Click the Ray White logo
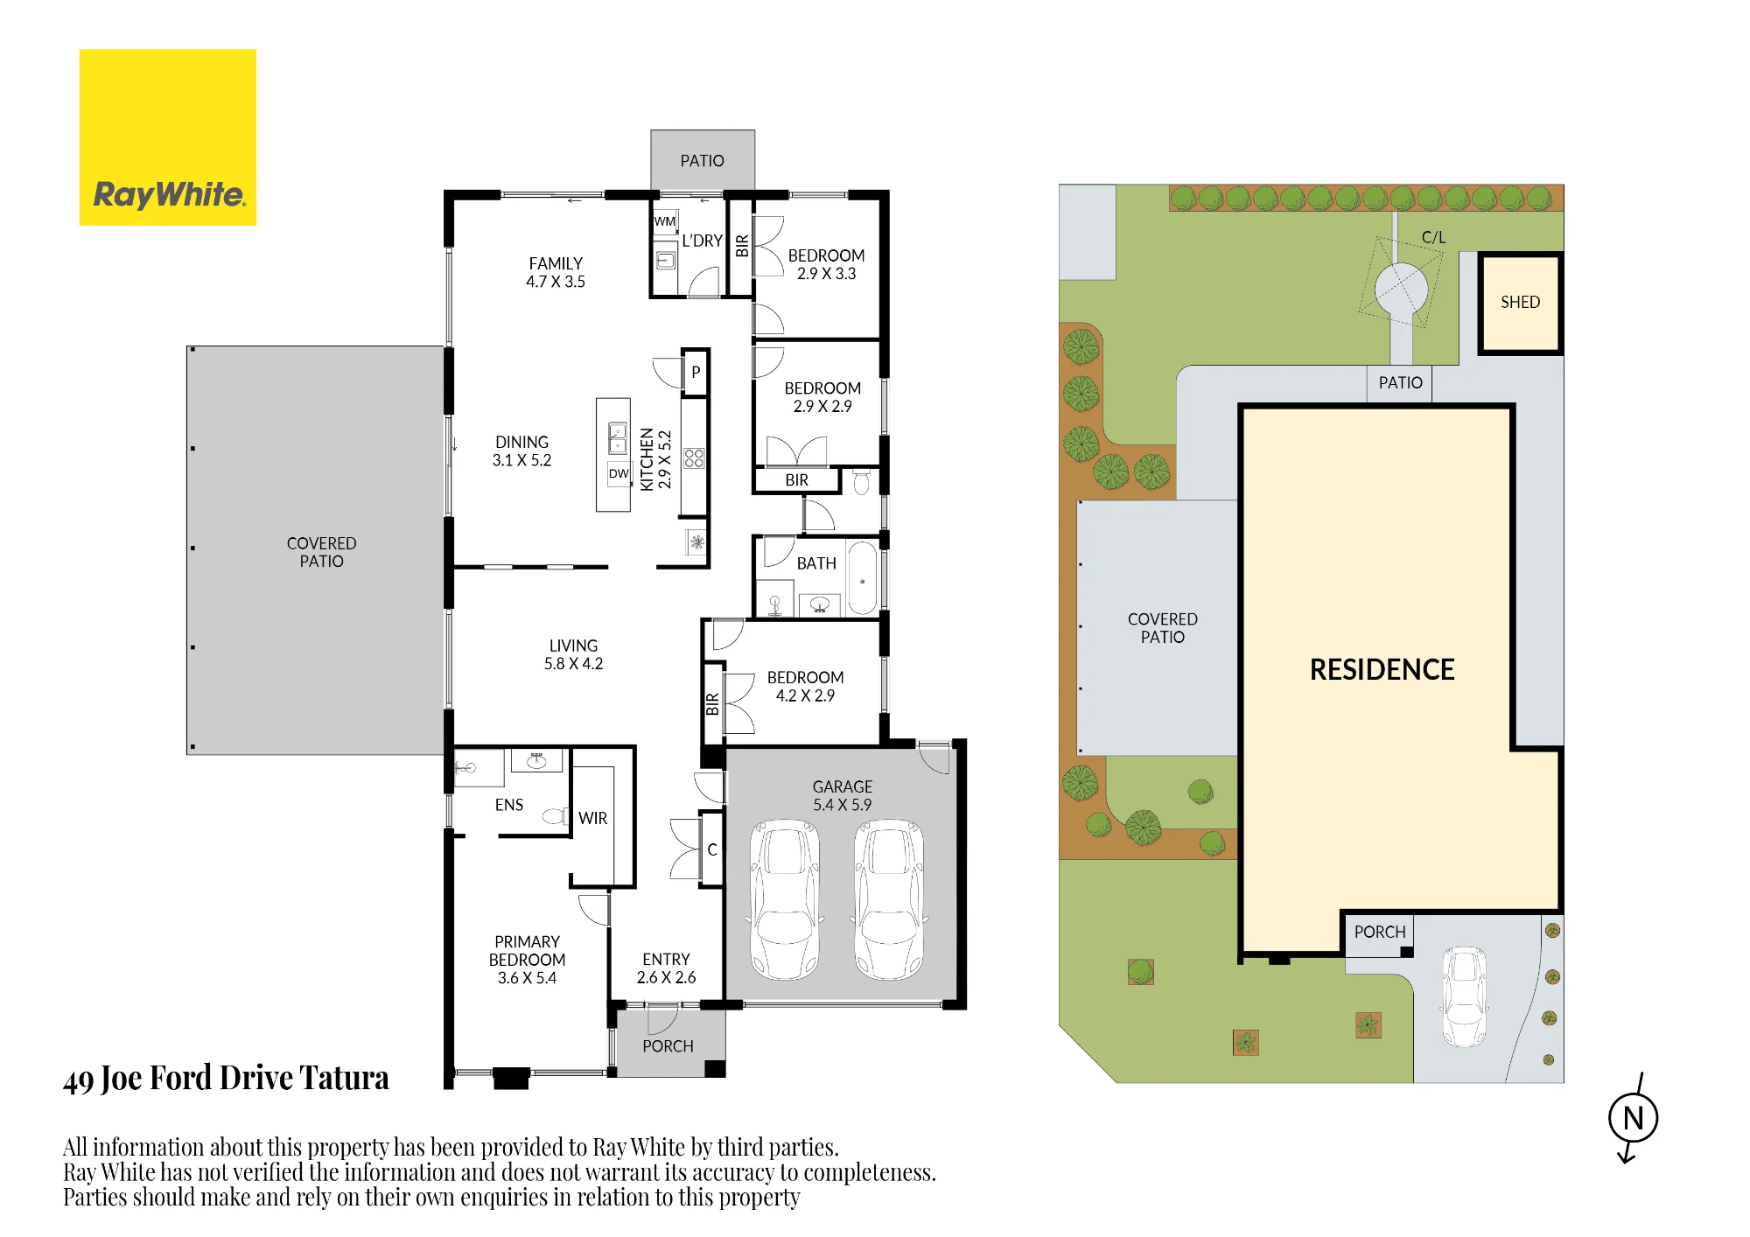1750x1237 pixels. pos(168,137)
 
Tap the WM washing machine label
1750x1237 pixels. pos(665,221)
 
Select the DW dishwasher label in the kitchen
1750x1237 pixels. pos(619,473)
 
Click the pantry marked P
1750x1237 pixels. pos(696,372)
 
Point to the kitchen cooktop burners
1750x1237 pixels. pos(694,458)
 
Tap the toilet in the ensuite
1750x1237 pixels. pos(554,816)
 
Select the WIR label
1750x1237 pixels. pos(592,818)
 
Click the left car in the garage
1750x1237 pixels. pos(785,899)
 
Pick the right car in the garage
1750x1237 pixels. pos(889,899)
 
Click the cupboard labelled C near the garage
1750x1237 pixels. pos(712,849)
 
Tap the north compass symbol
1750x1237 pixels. pos(1633,1118)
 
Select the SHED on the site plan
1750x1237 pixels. pos(1521,303)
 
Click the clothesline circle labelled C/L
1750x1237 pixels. pos(1401,289)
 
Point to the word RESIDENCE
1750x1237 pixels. pos(1382,669)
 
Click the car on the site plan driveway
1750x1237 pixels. pos(1464,996)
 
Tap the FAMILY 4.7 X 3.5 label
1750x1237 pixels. pos(556,272)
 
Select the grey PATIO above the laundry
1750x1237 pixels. pos(703,160)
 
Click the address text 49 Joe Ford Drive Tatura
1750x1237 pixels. pos(226,1078)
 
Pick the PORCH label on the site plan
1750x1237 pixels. pos(1380,932)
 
